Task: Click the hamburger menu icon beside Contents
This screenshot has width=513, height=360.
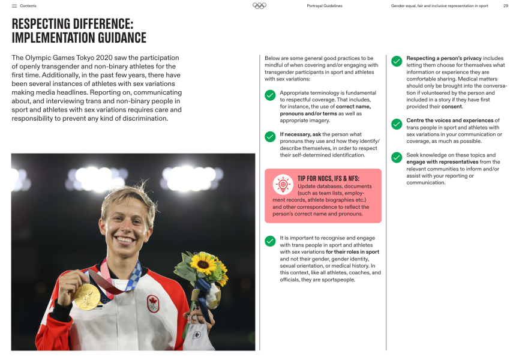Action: click(14, 6)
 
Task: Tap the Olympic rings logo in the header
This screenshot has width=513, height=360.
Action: click(259, 6)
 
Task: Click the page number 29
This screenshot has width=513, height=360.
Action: click(505, 6)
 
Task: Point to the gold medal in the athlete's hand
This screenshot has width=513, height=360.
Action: click(88, 296)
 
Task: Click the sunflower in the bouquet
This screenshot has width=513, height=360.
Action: click(203, 265)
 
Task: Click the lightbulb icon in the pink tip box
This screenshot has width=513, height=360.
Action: click(283, 185)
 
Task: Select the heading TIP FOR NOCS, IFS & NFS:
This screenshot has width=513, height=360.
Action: click(337, 179)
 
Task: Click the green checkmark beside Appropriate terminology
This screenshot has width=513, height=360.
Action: click(270, 95)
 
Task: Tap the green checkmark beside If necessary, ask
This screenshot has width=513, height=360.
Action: click(270, 136)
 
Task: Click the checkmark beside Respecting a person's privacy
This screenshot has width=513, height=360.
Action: click(397, 61)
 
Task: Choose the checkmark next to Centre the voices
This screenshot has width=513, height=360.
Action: click(397, 124)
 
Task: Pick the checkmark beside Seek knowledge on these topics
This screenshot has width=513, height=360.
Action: click(397, 157)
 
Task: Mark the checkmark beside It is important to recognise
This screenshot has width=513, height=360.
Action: click(270, 241)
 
